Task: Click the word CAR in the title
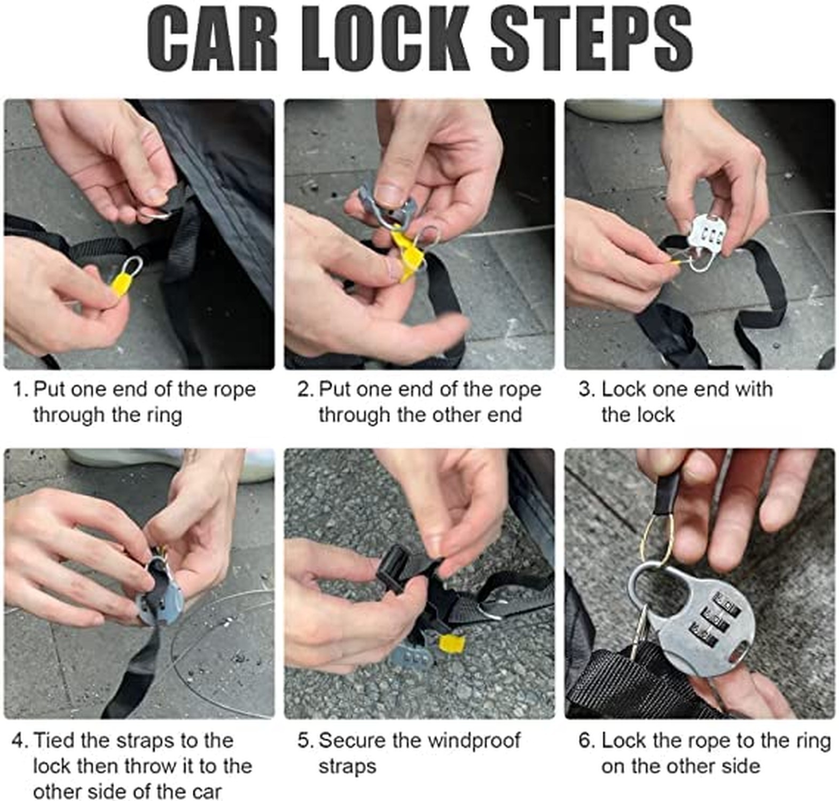[x=213, y=40]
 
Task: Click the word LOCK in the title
[x=389, y=40]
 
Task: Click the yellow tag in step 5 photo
[x=451, y=643]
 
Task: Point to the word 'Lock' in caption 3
[x=623, y=389]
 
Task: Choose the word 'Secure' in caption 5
[x=353, y=741]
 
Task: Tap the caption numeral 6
[x=585, y=741]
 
